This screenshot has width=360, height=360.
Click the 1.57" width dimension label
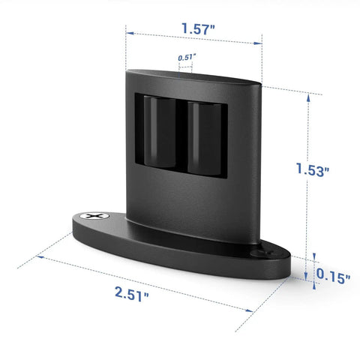coord(198,28)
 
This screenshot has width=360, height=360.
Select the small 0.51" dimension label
coord(187,58)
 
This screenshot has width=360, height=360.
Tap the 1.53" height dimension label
coord(313,169)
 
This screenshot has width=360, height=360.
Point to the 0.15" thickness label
coord(333,276)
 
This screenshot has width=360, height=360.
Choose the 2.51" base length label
coord(132,294)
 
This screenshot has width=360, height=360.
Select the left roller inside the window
coord(160,132)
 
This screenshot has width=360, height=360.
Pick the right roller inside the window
coord(205,138)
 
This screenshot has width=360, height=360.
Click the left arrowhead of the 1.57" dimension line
coord(130,33)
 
